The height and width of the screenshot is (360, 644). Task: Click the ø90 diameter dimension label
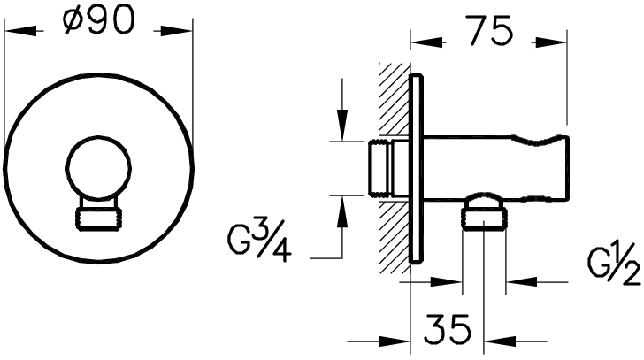click(99, 20)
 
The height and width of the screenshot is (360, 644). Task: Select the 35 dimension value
click(448, 329)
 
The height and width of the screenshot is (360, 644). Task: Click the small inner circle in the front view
click(99, 168)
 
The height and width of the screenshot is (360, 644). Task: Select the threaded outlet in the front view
click(99, 218)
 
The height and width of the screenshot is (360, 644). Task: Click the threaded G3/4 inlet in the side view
click(379, 170)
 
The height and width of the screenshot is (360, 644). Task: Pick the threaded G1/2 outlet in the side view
click(484, 218)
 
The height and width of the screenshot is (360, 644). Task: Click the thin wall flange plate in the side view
click(416, 167)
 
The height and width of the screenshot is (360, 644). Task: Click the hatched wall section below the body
click(395, 237)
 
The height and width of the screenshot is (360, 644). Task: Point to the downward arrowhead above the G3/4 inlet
click(341, 125)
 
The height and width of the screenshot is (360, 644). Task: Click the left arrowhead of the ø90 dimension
click(19, 31)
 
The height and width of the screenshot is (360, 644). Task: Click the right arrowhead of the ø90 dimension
click(177, 31)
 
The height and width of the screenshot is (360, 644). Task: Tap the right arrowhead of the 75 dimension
click(551, 42)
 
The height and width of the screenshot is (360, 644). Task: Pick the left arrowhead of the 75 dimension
click(426, 42)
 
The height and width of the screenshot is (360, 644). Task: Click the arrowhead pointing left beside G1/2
click(522, 281)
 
